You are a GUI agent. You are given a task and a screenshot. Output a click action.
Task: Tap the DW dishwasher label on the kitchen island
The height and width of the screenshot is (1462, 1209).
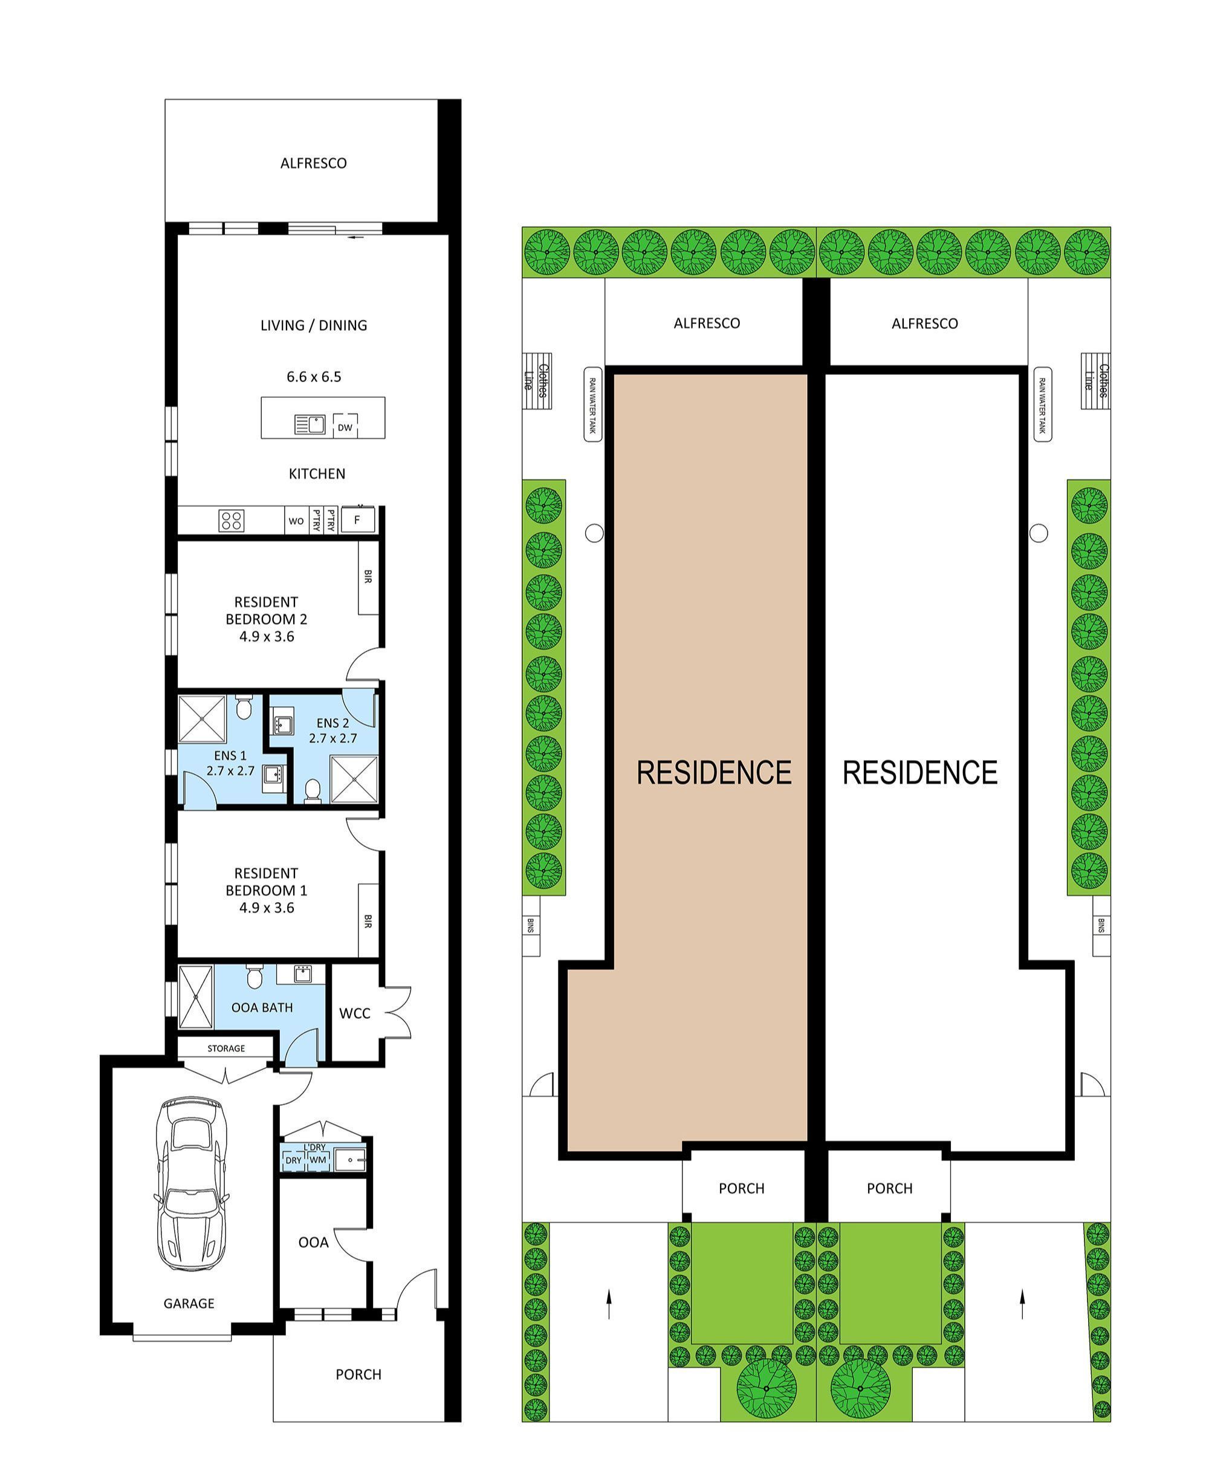coord(345,427)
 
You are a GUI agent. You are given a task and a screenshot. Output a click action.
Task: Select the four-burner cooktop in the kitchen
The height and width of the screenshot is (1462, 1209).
coord(231,520)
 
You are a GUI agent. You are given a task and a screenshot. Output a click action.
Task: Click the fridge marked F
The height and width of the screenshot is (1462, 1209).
coord(357,519)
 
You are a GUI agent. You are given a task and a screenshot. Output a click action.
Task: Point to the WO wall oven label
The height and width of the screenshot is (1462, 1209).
coord(296,521)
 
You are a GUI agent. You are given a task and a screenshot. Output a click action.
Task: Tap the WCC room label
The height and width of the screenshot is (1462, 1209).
coord(354,1013)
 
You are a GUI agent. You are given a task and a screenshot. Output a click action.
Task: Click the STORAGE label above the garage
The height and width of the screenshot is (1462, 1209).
coord(225,1048)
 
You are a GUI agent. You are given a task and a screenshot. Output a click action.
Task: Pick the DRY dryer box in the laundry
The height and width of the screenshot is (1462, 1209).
coord(293,1160)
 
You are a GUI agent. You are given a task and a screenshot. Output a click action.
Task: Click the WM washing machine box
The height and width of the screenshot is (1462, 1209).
coord(317,1160)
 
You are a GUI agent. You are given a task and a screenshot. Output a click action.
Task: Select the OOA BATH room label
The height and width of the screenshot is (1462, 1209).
coord(262,1007)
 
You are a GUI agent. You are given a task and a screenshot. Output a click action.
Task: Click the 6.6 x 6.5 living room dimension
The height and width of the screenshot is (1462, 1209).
coord(313,377)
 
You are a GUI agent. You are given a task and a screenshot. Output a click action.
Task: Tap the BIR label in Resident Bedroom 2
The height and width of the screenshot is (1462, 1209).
coord(368,576)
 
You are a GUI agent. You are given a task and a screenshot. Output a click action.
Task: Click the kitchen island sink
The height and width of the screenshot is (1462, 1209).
coord(311,424)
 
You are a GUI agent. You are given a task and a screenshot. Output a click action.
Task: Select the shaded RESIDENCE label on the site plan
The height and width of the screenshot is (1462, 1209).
coord(713,772)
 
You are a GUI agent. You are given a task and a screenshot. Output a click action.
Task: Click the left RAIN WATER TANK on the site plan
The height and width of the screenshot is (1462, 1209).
coord(592,405)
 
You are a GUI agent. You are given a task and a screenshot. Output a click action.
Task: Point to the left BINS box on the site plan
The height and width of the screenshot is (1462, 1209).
coord(531,925)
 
